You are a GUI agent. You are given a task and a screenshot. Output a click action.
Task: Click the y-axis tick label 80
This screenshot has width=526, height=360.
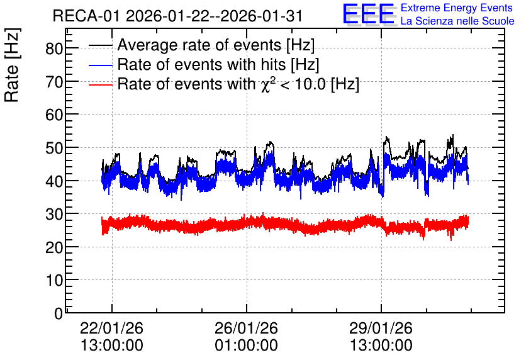point(54,48)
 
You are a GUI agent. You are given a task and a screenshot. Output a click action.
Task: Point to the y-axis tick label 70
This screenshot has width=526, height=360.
point(54,82)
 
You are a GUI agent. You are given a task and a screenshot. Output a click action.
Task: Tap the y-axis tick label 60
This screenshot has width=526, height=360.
point(54,115)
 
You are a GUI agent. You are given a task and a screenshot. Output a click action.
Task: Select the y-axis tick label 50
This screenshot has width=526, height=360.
point(54,148)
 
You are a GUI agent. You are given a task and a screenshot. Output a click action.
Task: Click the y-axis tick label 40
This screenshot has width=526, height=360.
point(54,181)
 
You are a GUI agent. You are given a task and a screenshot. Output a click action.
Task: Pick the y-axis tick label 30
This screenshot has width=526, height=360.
point(54,214)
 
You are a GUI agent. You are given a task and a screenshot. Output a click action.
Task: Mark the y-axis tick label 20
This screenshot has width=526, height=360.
point(54,247)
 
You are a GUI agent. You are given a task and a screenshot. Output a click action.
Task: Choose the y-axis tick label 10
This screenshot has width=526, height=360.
point(54,280)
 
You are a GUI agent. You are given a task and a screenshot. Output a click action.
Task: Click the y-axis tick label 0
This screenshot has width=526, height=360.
point(59,313)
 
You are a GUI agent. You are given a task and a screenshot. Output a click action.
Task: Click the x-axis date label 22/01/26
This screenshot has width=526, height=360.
point(112,328)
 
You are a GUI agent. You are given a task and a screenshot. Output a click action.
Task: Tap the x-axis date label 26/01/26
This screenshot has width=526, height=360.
point(246,328)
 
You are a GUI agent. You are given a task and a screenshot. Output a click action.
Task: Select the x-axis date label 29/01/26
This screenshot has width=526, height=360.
point(381,328)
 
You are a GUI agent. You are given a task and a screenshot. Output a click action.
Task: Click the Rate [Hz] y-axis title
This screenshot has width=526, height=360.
point(12,65)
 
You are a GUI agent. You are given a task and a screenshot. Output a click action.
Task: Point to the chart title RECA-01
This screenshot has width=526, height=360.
point(86,16)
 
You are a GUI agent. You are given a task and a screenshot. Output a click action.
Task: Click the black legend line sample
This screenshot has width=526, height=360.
point(100,45)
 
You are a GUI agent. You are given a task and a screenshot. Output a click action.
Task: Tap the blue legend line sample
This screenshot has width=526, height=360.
point(100,65)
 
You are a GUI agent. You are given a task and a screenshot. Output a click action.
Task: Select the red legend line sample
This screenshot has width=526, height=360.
point(100,84)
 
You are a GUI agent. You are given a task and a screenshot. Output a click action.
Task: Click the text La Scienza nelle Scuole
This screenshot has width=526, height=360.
point(457,21)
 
